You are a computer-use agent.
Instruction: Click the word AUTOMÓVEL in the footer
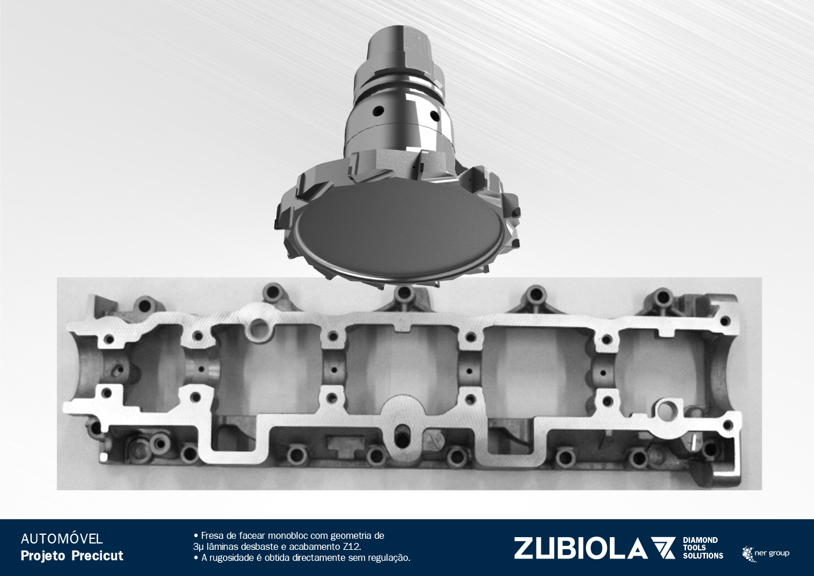pos(61,539)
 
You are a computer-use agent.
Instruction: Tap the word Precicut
pos(97,556)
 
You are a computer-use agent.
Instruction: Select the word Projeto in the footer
pos(43,556)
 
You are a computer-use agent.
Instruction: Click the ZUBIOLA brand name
pos(581,549)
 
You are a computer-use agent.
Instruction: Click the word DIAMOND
pos(700,541)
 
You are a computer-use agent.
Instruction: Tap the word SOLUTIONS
pos(703,556)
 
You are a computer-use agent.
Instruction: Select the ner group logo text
pos(772,553)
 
